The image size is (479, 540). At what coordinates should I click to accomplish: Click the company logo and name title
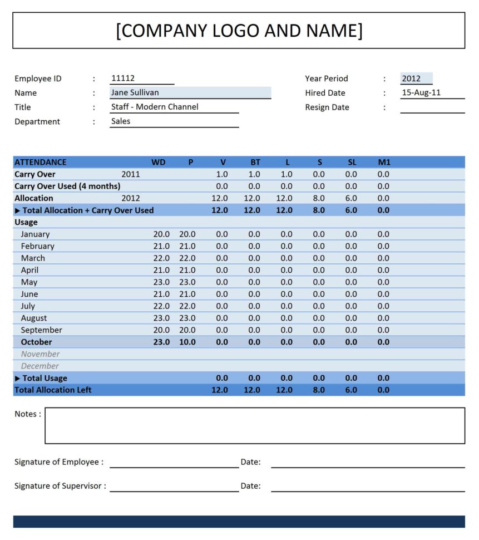click(x=239, y=31)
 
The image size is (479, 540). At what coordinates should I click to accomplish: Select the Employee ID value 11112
click(x=123, y=78)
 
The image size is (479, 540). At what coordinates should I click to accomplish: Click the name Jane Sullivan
click(x=135, y=93)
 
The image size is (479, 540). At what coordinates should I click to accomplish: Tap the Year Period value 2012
click(x=411, y=78)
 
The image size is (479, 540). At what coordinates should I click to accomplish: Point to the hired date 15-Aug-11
click(x=421, y=93)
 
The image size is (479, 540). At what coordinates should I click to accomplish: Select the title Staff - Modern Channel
click(x=155, y=107)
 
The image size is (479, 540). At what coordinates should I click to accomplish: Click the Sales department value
click(x=121, y=121)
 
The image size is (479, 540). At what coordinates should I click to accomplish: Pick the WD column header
click(x=159, y=163)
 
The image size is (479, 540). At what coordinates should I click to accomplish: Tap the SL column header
click(x=352, y=163)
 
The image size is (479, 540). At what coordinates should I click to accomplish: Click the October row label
click(x=36, y=342)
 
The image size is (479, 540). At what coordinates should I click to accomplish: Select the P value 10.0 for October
click(x=187, y=342)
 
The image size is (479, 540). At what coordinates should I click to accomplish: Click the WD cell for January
click(x=161, y=234)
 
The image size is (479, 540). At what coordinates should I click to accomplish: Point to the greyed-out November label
click(x=40, y=354)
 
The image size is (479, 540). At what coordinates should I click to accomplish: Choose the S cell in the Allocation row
click(x=319, y=198)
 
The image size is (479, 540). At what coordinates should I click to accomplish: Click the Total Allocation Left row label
click(x=53, y=390)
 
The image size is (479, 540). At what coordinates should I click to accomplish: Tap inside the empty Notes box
click(x=254, y=425)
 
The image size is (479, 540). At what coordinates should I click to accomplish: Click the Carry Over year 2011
click(x=131, y=174)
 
